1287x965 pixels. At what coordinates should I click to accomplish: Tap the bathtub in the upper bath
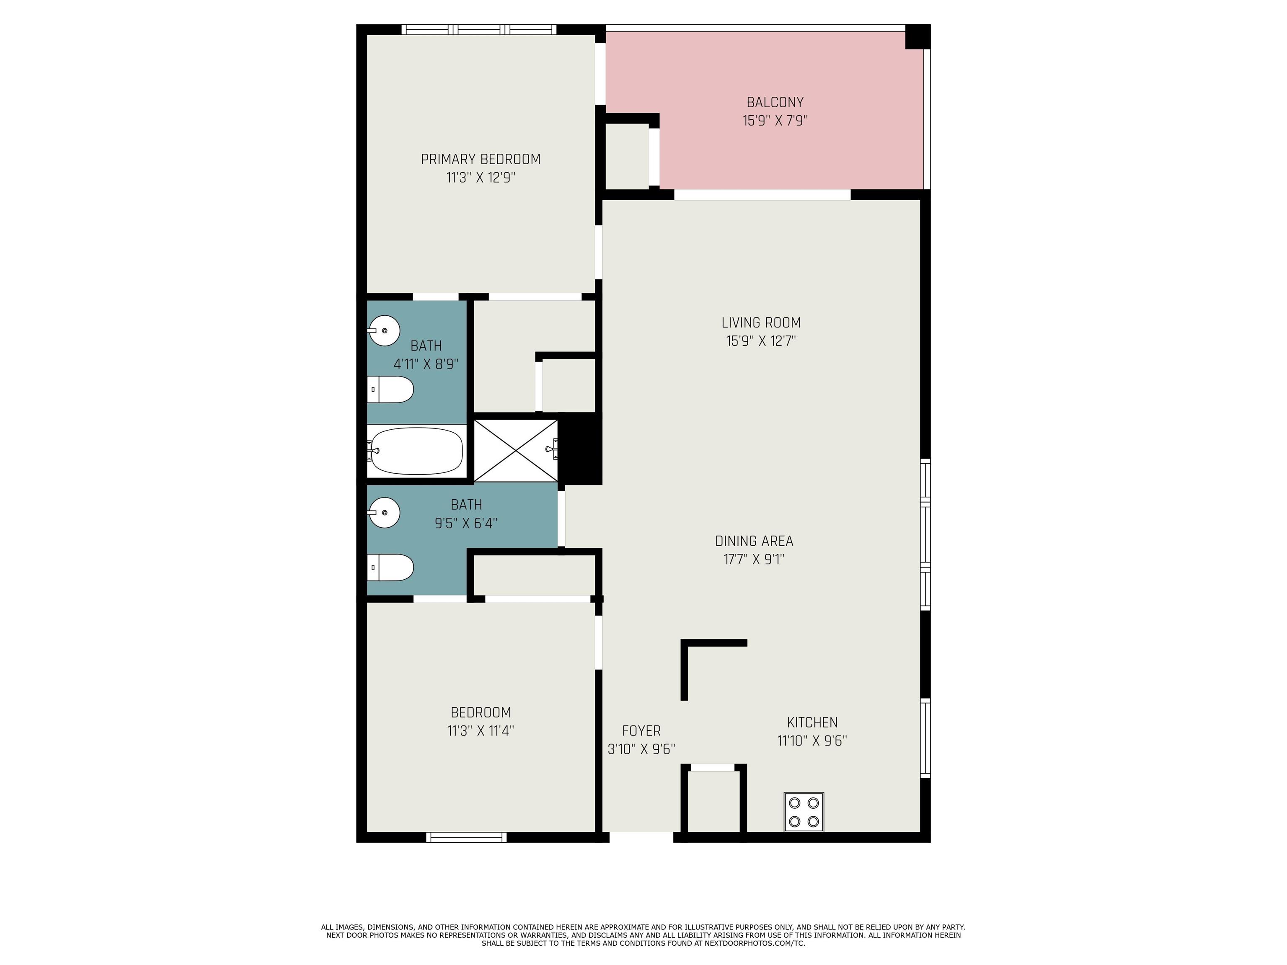pos(416,451)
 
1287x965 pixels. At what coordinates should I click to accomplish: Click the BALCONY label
pos(775,102)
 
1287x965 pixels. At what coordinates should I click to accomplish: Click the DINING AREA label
pos(754,542)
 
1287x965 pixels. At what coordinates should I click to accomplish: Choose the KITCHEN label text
pos(812,722)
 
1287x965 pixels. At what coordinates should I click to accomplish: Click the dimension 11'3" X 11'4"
pos(481,730)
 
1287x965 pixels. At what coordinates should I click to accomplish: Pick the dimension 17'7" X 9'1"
pos(754,560)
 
